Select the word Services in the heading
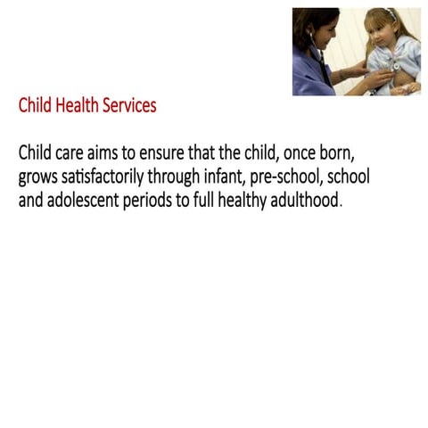(129, 105)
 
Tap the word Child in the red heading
(36, 105)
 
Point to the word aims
(111, 153)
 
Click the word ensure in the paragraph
(179, 153)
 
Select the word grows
(39, 177)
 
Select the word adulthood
(309, 200)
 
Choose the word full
(207, 200)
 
